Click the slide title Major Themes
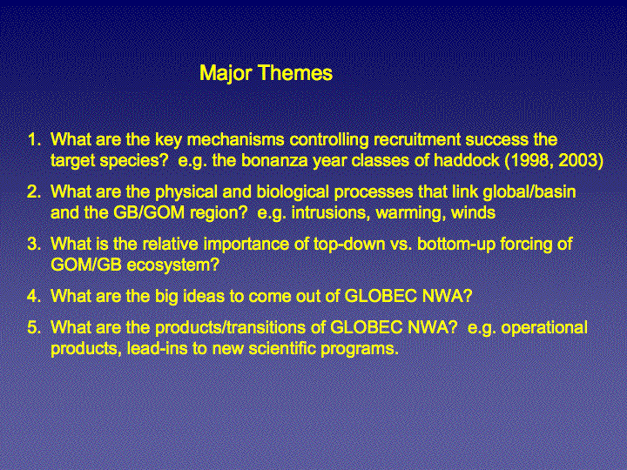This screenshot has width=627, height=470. point(266,73)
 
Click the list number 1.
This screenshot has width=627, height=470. point(34,139)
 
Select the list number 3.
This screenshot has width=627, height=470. point(34,244)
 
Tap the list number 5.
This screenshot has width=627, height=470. point(34,327)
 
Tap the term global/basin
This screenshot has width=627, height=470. point(529,191)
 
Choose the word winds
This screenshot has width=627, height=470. point(474,212)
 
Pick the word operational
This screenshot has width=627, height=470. point(544,328)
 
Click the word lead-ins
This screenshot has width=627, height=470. point(157,348)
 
